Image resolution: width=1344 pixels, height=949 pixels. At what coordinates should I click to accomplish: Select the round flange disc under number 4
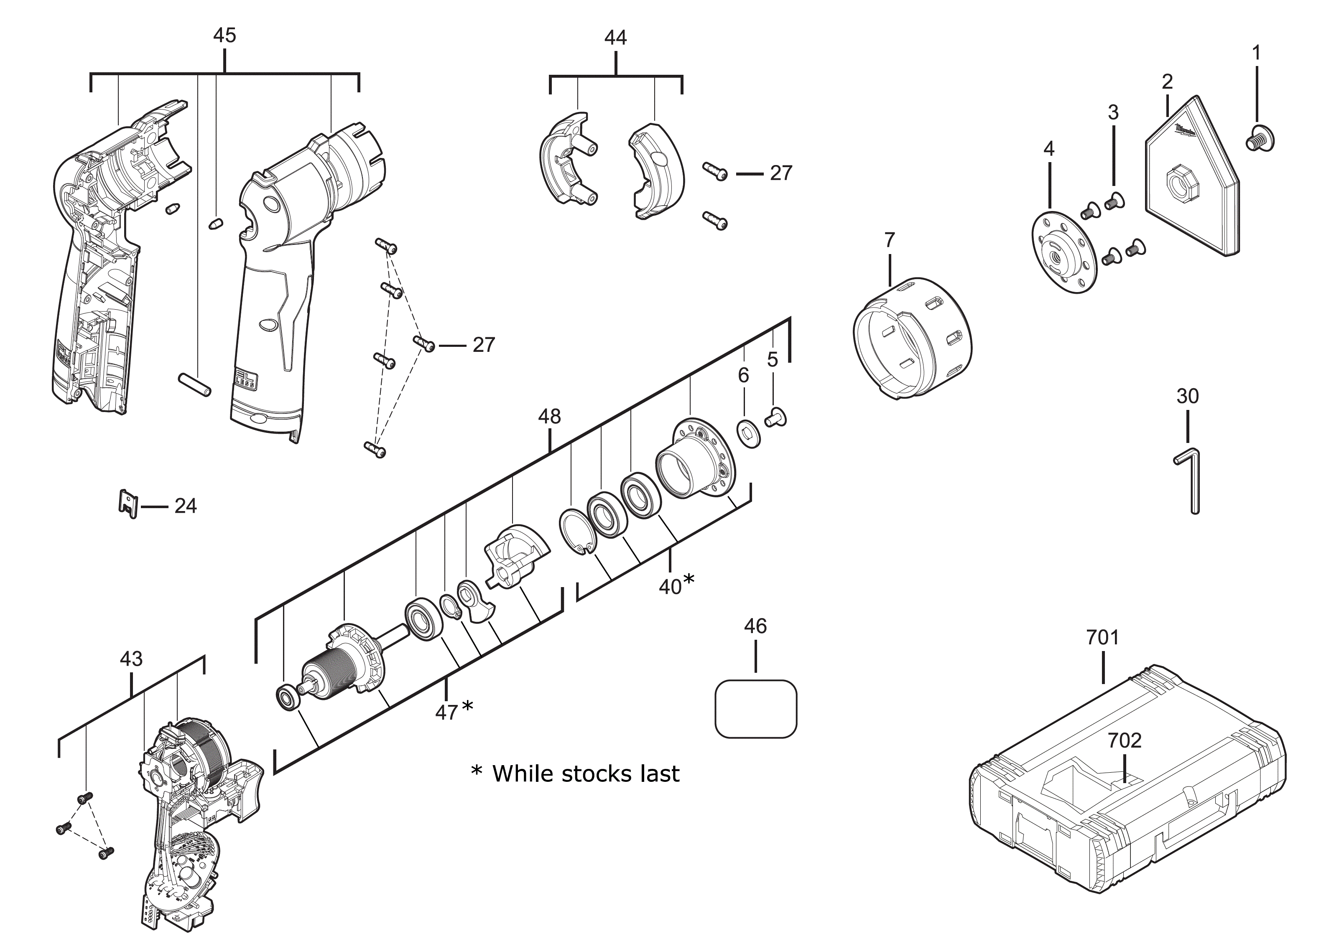pyautogui.click(x=1063, y=252)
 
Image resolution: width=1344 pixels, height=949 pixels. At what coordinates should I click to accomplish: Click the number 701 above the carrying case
pyautogui.click(x=1102, y=637)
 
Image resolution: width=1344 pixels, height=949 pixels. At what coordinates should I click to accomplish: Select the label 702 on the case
pyautogui.click(x=1124, y=741)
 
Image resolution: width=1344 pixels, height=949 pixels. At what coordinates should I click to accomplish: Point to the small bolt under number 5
pyautogui.click(x=775, y=418)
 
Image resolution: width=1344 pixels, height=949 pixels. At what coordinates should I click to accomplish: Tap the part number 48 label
pyautogui.click(x=549, y=417)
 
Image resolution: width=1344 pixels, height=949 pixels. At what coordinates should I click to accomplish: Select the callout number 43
pyautogui.click(x=131, y=659)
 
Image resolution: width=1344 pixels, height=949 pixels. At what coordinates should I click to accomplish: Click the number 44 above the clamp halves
pyautogui.click(x=615, y=38)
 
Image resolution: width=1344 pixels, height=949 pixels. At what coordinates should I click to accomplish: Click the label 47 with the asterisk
pyautogui.click(x=453, y=712)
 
